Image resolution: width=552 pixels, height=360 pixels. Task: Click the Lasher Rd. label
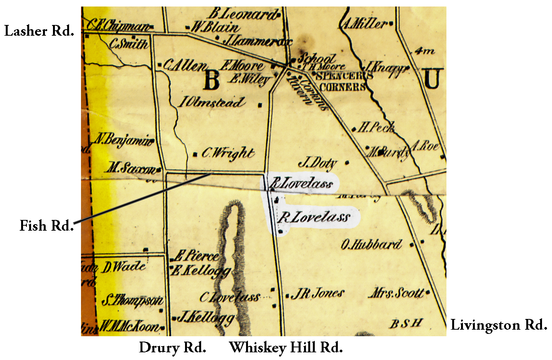39,31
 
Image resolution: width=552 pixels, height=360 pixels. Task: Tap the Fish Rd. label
46,226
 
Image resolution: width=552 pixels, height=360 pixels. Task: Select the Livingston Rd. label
498,325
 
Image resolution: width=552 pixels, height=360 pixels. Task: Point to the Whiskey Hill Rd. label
286,348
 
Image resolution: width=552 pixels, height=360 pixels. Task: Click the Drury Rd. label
172,348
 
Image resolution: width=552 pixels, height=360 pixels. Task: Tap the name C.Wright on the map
228,154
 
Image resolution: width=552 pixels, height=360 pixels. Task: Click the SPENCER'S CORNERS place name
343,81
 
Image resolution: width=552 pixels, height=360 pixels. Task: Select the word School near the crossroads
317,58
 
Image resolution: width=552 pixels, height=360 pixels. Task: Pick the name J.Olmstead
212,102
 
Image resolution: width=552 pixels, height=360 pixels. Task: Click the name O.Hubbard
371,244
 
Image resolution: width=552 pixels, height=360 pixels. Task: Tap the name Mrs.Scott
397,293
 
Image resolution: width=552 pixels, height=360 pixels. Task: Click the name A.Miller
364,24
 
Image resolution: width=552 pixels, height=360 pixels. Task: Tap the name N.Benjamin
124,139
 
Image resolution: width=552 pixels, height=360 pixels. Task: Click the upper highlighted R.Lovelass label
301,183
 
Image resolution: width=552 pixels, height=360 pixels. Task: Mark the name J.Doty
317,163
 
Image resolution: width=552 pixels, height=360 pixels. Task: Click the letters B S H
406,324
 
